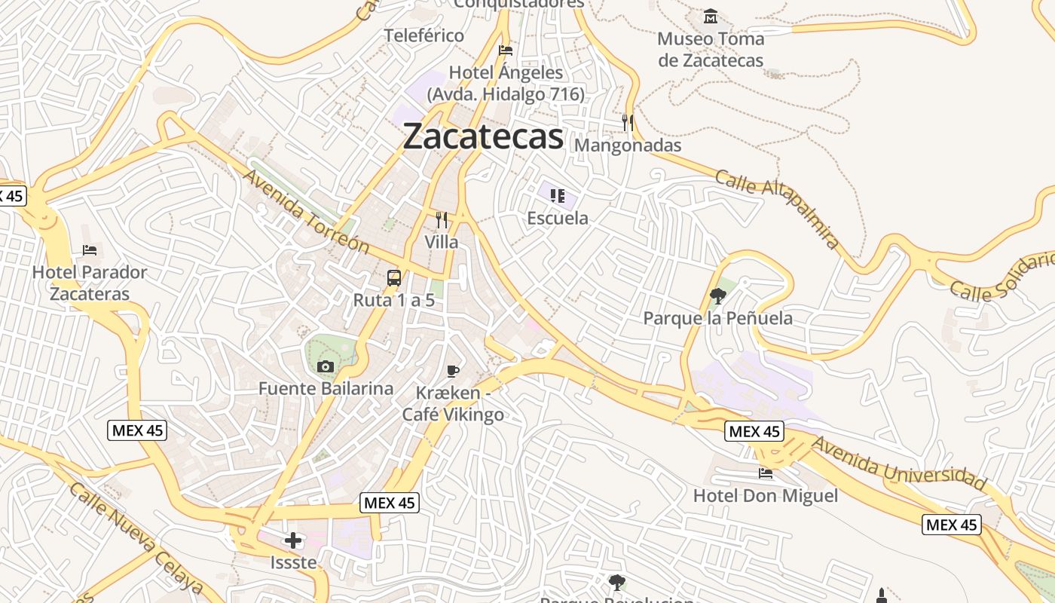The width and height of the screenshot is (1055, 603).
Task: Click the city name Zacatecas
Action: click(483, 137)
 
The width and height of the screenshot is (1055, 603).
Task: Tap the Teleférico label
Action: click(424, 35)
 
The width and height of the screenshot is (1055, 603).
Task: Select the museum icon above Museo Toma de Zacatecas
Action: click(710, 16)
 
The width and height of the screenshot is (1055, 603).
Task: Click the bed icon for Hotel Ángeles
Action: click(506, 51)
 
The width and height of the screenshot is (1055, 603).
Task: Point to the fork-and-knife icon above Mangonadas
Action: click(628, 122)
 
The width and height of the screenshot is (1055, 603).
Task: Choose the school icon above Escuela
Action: click(558, 197)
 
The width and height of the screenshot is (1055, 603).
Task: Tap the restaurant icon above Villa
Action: click(442, 220)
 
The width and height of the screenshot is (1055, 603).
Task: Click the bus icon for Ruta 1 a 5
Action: click(394, 278)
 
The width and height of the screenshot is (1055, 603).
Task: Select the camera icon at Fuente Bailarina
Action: click(326, 367)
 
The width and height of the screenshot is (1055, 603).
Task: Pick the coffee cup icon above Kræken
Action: click(452, 370)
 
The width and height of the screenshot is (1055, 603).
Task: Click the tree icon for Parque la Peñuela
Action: click(717, 296)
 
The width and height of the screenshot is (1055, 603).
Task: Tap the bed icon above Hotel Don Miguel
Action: click(765, 473)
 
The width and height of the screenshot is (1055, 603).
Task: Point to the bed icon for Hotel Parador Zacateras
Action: click(90, 250)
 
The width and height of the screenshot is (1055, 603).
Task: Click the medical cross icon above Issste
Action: click(293, 540)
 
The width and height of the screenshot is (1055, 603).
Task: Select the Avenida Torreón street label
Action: click(306, 211)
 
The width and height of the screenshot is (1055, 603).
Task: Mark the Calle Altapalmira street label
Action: click(777, 210)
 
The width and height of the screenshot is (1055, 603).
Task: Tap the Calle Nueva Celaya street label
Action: click(136, 538)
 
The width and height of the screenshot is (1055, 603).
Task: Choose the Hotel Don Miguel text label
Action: click(765, 496)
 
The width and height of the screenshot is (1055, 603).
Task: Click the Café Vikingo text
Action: click(453, 414)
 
